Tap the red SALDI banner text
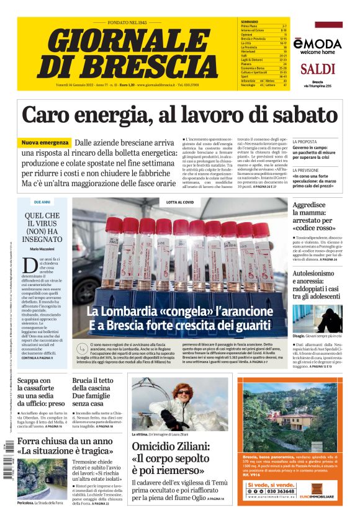pos(321,68)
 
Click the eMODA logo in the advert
pos(318,43)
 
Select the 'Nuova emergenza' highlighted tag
pos(45,143)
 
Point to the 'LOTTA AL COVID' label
pos(179,202)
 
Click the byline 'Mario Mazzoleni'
pos(42,249)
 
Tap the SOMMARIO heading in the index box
pos(250,22)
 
